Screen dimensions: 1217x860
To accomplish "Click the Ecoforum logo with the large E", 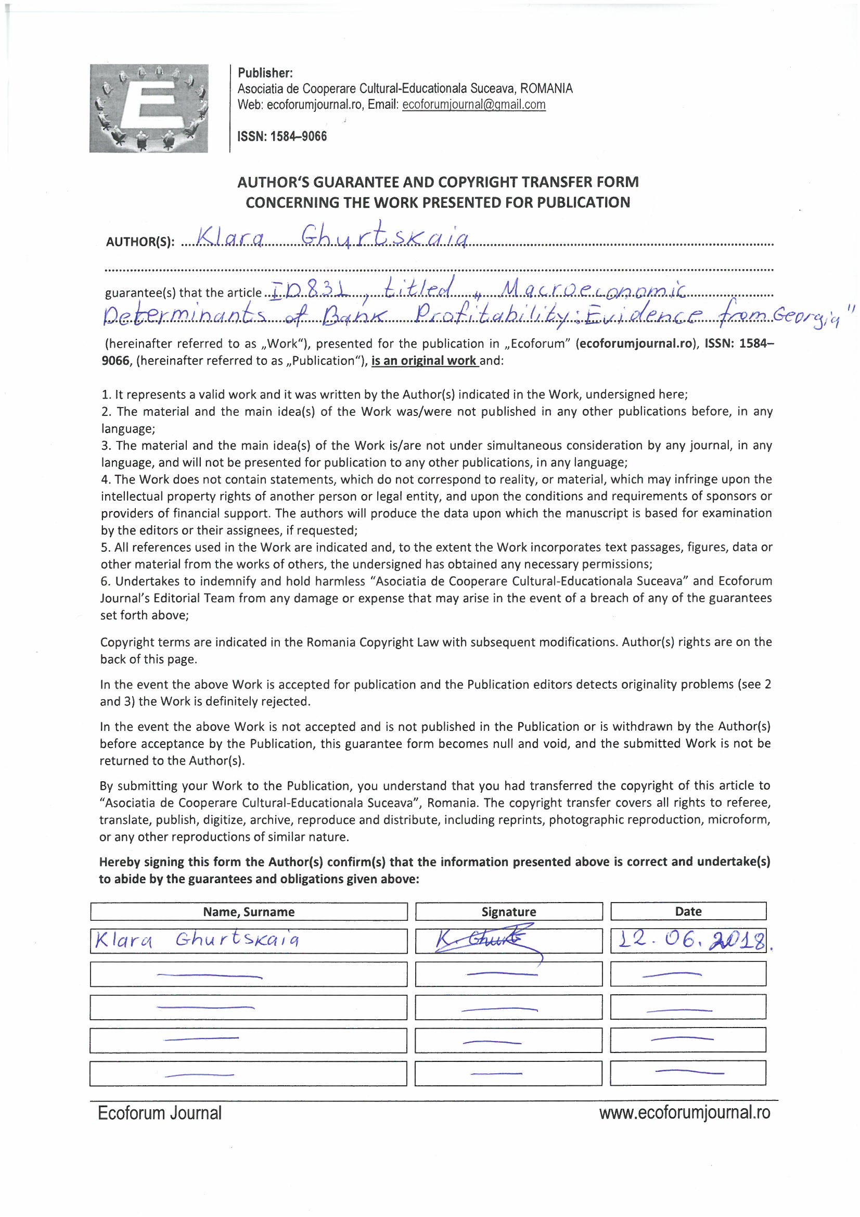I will (x=148, y=108).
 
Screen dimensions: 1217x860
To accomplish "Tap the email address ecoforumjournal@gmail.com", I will (x=474, y=105).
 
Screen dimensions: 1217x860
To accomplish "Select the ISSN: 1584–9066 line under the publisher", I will (x=282, y=136).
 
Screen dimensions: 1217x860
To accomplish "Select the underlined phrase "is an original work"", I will (x=425, y=361).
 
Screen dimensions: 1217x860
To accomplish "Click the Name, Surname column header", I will (x=249, y=911).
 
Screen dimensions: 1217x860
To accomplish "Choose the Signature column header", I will (x=509, y=911).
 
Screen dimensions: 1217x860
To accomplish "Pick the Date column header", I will (x=688, y=911).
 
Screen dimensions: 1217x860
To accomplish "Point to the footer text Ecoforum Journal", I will (x=160, y=1112).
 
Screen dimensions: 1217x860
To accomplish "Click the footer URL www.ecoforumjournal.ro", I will (x=685, y=1112).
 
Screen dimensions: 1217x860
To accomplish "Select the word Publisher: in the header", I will (x=265, y=73).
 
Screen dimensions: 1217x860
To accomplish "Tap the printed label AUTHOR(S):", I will (x=140, y=242).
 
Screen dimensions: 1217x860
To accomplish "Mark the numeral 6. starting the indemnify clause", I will (x=106, y=581).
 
